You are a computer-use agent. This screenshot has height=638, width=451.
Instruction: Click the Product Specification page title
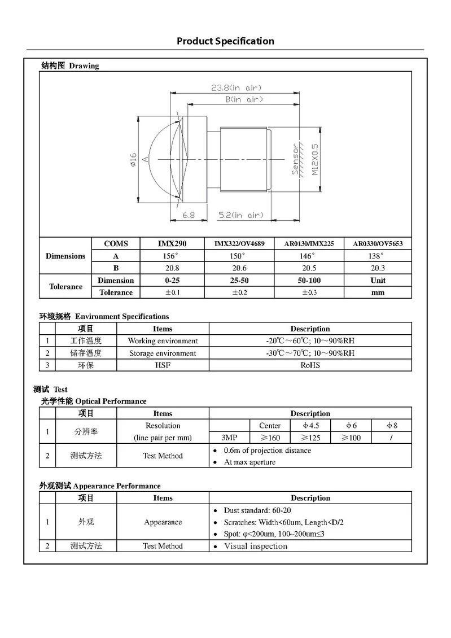coord(225,41)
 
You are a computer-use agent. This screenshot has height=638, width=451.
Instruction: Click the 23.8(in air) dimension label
coord(236,88)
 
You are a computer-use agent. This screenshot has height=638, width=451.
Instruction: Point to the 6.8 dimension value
coord(189,215)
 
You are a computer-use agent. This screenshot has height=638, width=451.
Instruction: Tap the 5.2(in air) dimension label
coord(241,215)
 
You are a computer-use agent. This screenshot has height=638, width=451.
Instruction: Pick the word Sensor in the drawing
coord(295,159)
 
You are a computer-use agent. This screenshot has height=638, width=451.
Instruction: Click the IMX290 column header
coord(172,244)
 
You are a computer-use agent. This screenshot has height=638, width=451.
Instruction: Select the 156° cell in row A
coord(172,256)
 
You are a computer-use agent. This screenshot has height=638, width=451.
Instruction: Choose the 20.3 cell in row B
coord(378,268)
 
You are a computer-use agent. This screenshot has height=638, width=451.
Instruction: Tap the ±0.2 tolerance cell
coord(241,292)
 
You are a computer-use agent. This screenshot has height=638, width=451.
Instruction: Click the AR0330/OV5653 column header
coord(378,244)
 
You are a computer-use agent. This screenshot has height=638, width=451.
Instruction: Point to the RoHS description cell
coord(310,365)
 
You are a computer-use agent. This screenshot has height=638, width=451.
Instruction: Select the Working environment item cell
coord(163,341)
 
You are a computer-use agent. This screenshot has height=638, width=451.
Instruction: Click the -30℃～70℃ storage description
coord(310,353)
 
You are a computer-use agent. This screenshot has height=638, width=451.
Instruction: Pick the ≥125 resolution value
coord(310,438)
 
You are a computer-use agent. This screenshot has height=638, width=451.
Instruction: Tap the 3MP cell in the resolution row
coord(229,438)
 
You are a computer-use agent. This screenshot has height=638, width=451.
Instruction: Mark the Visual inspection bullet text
coord(255,546)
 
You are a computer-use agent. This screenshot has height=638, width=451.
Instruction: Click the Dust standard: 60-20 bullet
coord(257,510)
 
